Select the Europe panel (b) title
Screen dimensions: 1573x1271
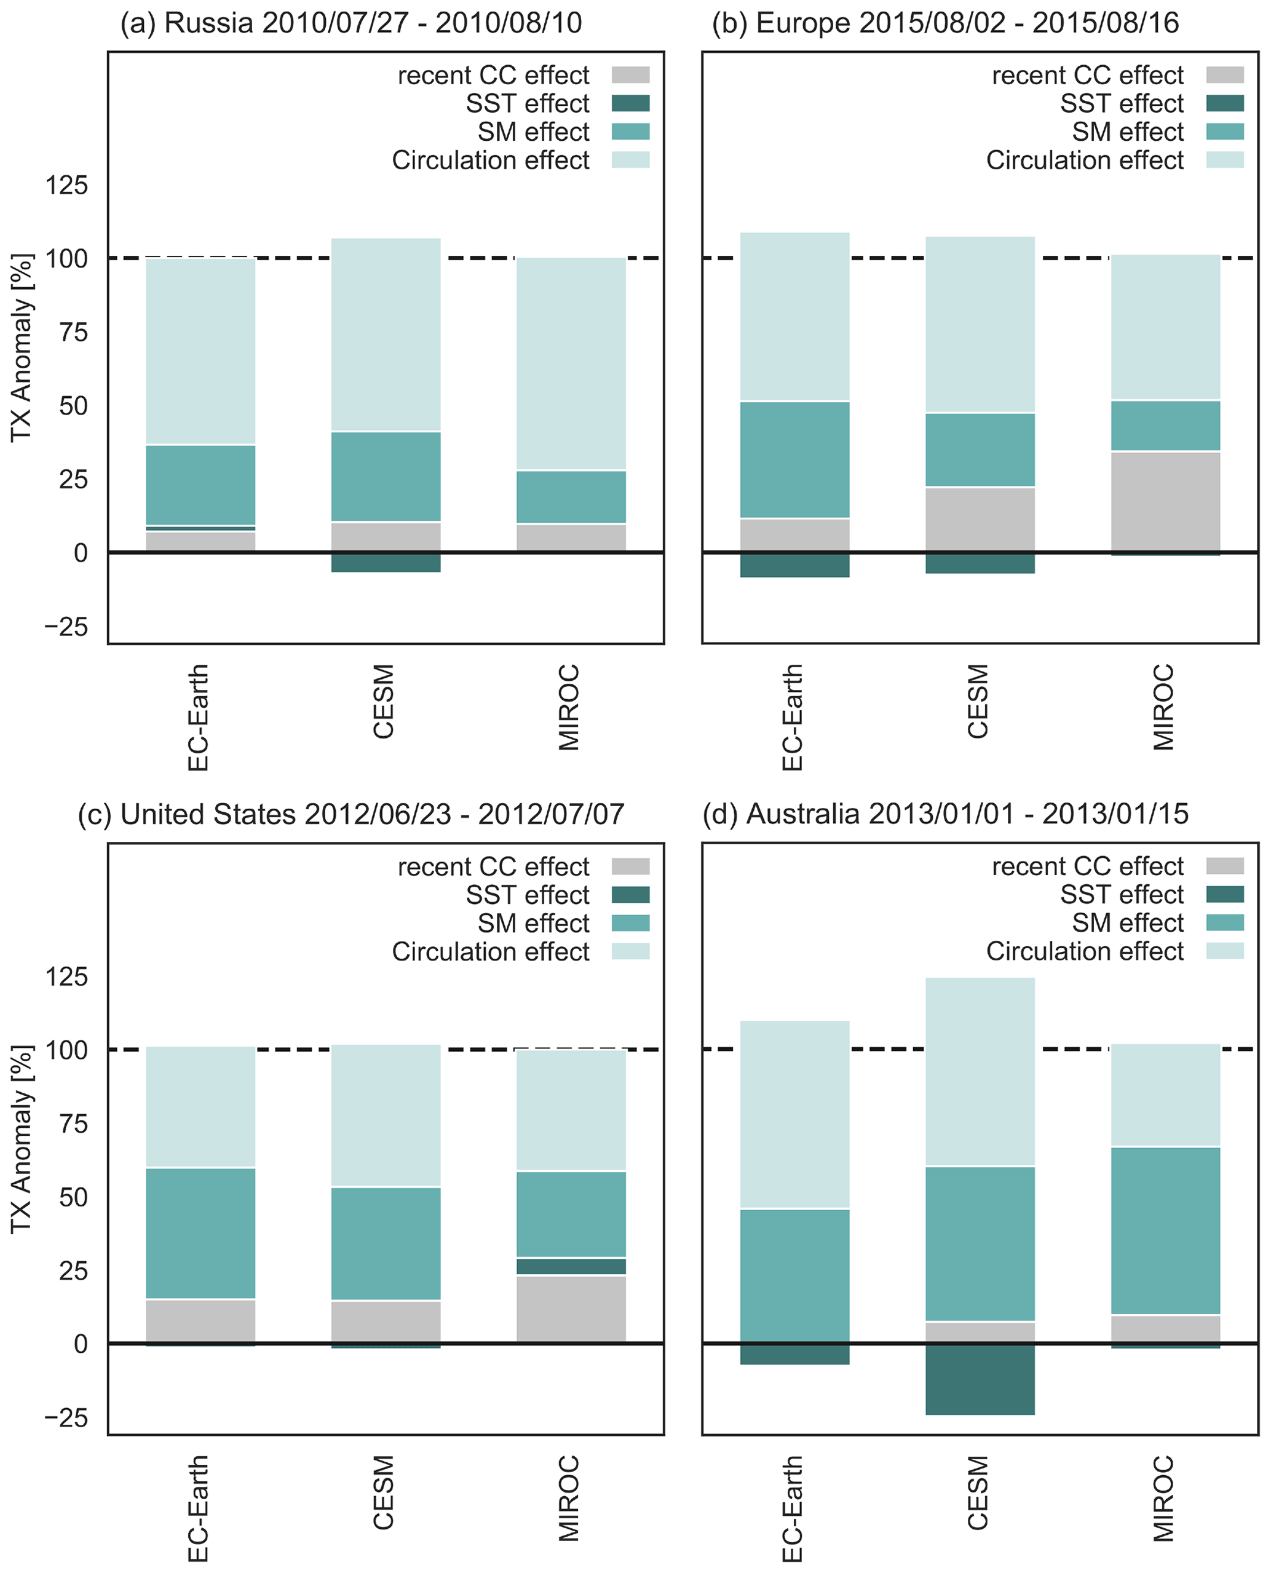[945, 23]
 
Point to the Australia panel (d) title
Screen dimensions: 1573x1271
[945, 814]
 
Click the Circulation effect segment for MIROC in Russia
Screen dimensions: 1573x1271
[571, 363]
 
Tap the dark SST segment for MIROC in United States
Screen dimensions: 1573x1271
[571, 1266]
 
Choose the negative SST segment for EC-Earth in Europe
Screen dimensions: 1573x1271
[794, 565]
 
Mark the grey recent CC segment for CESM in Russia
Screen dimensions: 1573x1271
[386, 537]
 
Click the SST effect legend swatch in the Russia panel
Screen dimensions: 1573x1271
[630, 103]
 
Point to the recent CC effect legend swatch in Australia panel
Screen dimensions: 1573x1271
[1225, 866]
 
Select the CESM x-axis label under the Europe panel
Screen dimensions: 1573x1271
[978, 701]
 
